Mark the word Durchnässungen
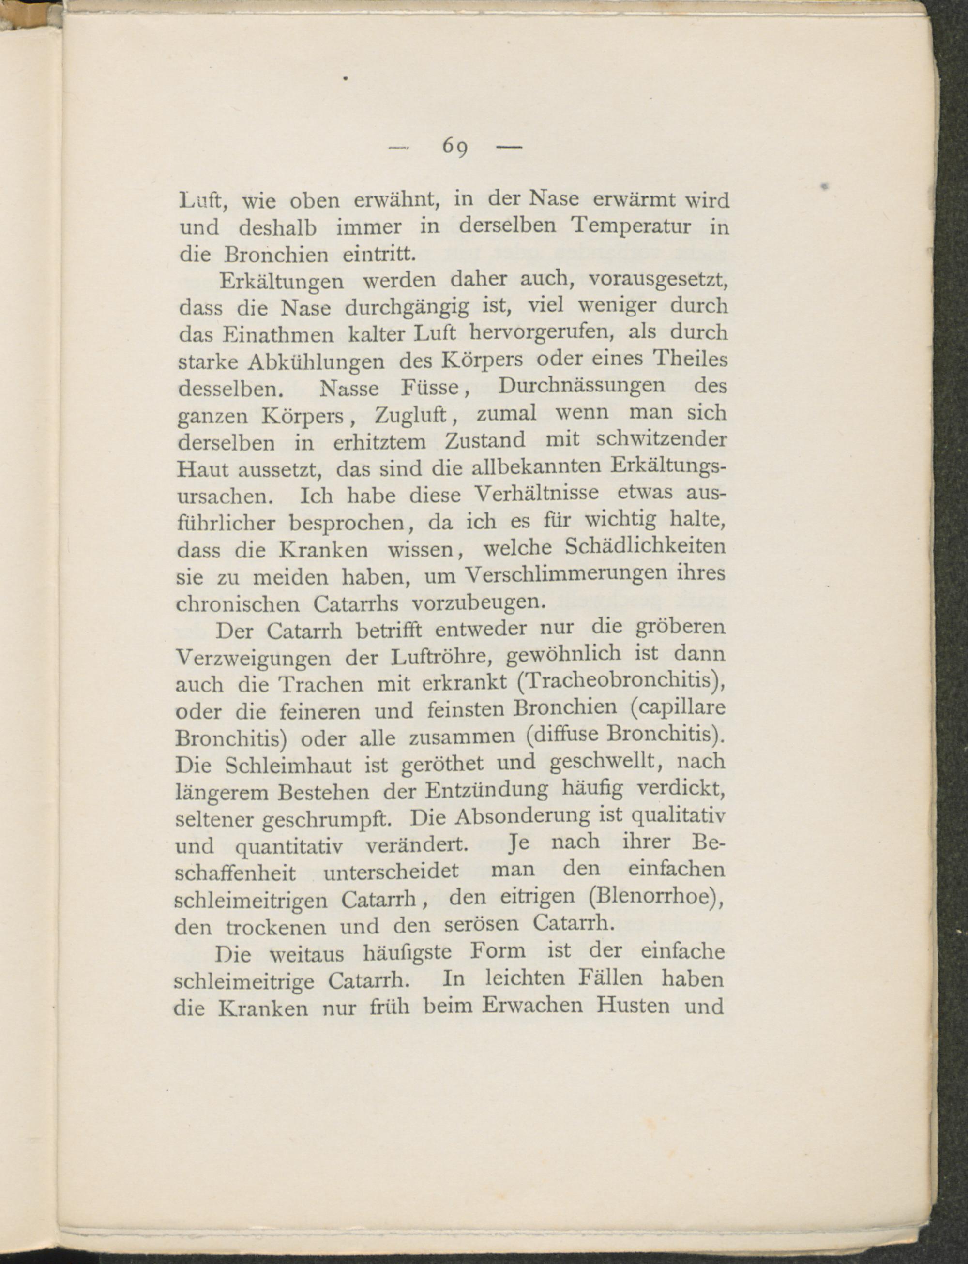click(581, 385)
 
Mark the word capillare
click(678, 708)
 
